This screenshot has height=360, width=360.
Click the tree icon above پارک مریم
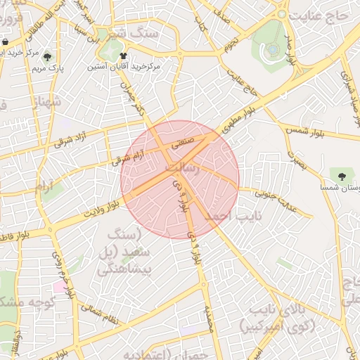(x=47, y=58)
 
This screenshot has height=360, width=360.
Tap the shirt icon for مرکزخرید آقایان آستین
(x=124, y=55)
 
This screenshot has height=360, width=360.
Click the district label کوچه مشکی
(x=27, y=302)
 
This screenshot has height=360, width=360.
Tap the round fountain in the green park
(x=272, y=49)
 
